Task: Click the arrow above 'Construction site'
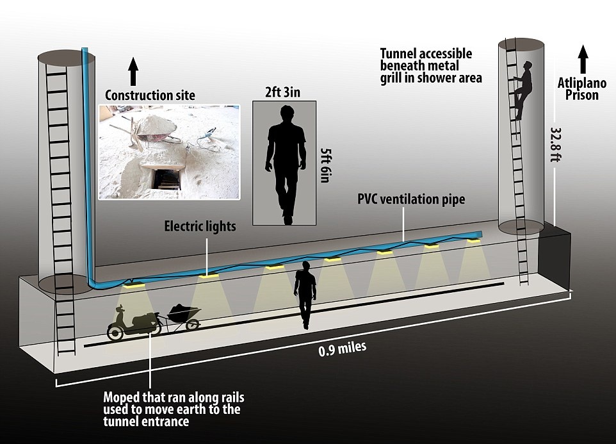click(133, 70)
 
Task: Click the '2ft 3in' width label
click(283, 92)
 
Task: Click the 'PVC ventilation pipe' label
click(411, 199)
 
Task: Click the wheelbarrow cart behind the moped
click(182, 316)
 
